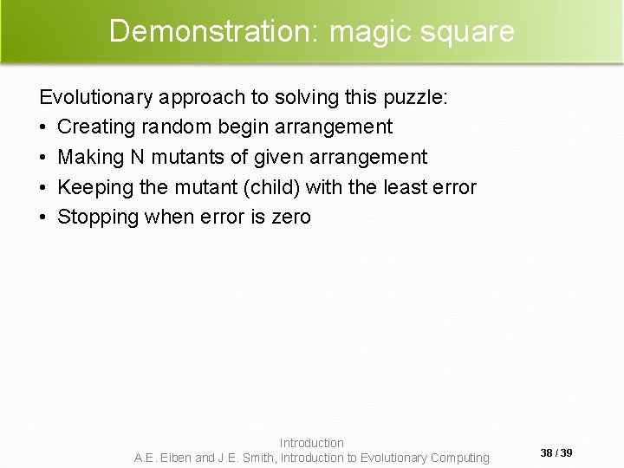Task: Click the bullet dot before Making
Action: [45, 157]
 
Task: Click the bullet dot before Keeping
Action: [45, 186]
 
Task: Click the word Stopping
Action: [97, 217]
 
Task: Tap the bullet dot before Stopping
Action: [45, 217]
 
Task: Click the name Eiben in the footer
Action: [175, 457]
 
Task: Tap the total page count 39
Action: [567, 452]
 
